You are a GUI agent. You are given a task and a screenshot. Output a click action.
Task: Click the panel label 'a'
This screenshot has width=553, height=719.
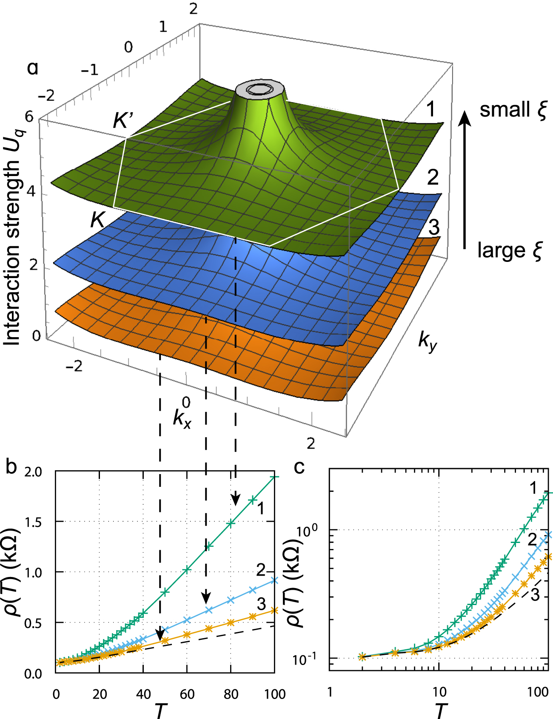[32, 68]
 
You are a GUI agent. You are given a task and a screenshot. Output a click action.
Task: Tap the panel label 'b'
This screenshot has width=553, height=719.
[11, 467]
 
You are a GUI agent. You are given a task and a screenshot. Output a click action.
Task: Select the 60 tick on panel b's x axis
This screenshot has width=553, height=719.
[187, 694]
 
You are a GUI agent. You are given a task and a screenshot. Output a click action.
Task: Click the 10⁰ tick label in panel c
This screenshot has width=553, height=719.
[307, 530]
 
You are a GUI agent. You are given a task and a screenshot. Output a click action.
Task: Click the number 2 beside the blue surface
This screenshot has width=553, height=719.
[433, 177]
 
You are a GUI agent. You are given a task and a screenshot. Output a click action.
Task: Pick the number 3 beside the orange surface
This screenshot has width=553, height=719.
[433, 227]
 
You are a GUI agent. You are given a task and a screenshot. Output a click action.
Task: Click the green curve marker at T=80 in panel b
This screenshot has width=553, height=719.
[231, 524]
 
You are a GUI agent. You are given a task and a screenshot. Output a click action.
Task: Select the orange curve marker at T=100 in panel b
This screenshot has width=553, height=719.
[274, 610]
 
